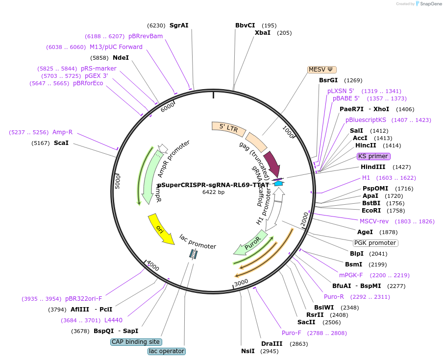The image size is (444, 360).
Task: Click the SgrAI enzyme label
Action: [179, 25]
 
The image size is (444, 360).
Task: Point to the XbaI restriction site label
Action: [262, 33]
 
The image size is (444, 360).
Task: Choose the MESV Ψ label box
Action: [322, 69]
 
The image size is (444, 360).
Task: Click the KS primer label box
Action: [373, 156]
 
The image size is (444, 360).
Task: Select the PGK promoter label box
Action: [375, 243]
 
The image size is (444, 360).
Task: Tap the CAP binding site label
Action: [136, 342]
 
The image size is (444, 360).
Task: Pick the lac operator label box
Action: [167, 351]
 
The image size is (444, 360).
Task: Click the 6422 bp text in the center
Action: [213, 192]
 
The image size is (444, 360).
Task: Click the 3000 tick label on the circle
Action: [241, 283]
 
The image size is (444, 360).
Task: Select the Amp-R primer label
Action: [63, 132]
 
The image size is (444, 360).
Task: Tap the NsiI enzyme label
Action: [248, 351]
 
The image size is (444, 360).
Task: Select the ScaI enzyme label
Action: [61, 143]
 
